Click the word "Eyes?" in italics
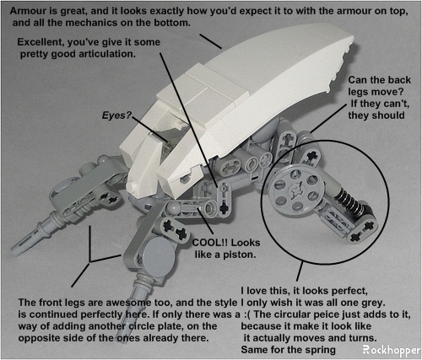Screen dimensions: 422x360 tap(116, 116)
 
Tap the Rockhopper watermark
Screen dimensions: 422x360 tap(392, 351)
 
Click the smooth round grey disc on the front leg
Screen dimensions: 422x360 tap(158, 255)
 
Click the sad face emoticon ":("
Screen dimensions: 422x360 tap(247, 314)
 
